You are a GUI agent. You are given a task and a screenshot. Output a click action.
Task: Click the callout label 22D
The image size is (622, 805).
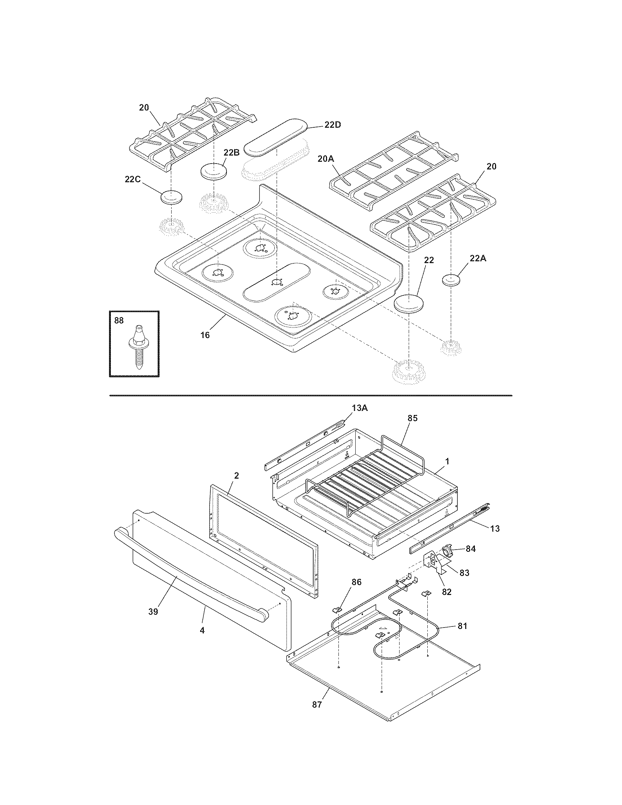pos(332,124)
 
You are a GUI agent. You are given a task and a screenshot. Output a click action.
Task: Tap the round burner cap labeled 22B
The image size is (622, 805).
pos(213,172)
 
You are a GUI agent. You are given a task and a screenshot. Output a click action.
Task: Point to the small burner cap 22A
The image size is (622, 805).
pos(452,280)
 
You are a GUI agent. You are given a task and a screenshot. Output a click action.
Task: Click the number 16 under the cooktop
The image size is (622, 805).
pos(205,335)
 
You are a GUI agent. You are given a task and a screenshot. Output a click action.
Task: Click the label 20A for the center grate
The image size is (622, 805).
pos(325,159)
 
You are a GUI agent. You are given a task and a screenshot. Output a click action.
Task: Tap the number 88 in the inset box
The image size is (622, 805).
pos(119,321)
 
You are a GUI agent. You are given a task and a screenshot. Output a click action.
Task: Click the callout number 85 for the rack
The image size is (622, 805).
pos(412,418)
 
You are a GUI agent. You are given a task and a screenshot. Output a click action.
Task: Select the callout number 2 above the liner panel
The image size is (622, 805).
pos(236,475)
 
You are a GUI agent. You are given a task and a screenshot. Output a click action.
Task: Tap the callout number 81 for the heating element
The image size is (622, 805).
pos(462,626)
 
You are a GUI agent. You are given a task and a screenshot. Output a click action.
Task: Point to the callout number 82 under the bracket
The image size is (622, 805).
pos(446,592)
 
